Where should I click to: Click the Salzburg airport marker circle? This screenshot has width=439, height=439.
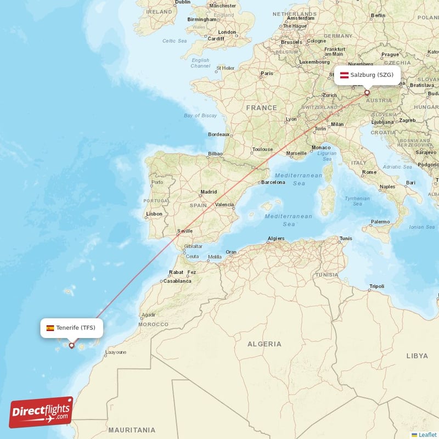click(x=367, y=93)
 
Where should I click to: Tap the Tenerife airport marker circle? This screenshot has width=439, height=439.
click(x=71, y=346)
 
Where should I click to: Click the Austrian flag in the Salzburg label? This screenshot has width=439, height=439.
click(x=345, y=75)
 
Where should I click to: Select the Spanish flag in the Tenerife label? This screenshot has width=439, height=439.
click(x=50, y=328)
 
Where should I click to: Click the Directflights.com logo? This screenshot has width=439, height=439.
click(x=41, y=412)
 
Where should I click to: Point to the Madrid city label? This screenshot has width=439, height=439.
click(x=209, y=192)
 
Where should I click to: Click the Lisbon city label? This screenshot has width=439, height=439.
click(x=154, y=213)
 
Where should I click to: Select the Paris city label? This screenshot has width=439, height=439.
click(x=267, y=73)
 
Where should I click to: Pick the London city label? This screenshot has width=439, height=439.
click(x=227, y=32)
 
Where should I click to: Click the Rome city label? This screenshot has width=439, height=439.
click(x=369, y=172)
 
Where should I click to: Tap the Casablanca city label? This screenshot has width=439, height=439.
click(x=177, y=281)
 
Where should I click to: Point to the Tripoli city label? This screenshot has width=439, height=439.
click(x=377, y=286)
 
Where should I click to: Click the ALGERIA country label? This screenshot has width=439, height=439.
click(x=264, y=344)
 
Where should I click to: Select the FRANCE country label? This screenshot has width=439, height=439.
click(x=261, y=108)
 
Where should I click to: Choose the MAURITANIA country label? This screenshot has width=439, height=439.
click(x=132, y=430)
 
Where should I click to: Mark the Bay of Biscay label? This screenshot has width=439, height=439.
click(x=201, y=115)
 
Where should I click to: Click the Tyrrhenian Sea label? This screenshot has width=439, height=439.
click(x=357, y=201)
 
